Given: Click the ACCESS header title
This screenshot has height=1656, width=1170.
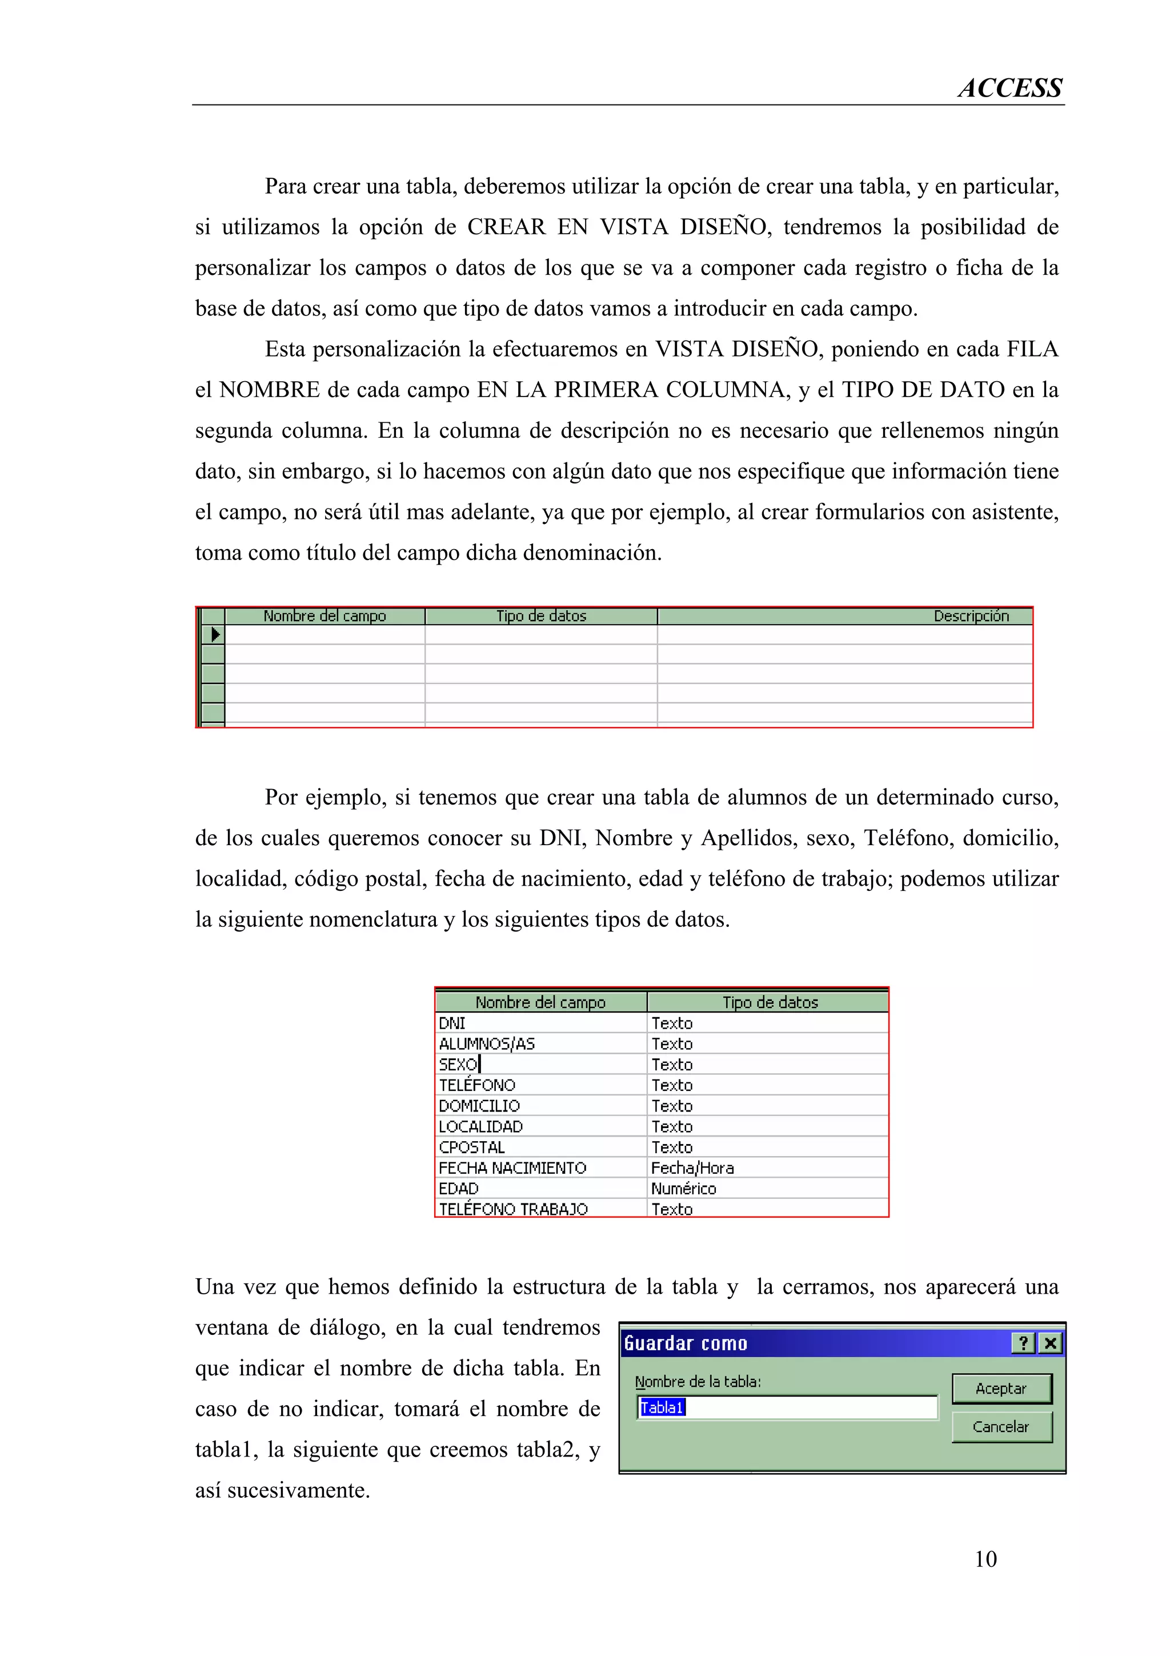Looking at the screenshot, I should click(x=1009, y=88).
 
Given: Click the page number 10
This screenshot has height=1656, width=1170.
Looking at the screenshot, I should click(x=985, y=1559).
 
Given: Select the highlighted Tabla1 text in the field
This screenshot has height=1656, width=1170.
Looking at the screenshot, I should click(x=662, y=1407).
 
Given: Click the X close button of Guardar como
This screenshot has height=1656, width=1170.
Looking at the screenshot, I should click(x=1051, y=1343).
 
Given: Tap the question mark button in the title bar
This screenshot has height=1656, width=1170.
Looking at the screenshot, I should click(x=1023, y=1343).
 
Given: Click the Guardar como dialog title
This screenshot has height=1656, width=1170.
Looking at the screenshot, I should click(x=686, y=1343).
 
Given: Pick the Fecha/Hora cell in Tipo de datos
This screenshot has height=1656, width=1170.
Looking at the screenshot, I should click(x=692, y=1167).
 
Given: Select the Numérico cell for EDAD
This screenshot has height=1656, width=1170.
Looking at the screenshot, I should click(x=683, y=1189).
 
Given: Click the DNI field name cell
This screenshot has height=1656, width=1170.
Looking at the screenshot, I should click(x=452, y=1023).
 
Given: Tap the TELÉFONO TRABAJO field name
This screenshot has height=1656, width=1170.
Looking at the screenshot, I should click(x=513, y=1209).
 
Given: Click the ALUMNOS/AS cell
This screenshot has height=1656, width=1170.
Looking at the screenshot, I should click(x=487, y=1043).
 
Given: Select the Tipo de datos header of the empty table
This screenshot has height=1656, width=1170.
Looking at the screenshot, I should click(x=540, y=616).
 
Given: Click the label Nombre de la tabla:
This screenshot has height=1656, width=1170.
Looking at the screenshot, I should click(x=697, y=1381).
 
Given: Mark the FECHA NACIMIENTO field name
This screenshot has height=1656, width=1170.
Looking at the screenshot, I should click(x=512, y=1167).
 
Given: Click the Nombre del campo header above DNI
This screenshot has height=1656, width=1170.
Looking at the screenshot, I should click(x=540, y=1002).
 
